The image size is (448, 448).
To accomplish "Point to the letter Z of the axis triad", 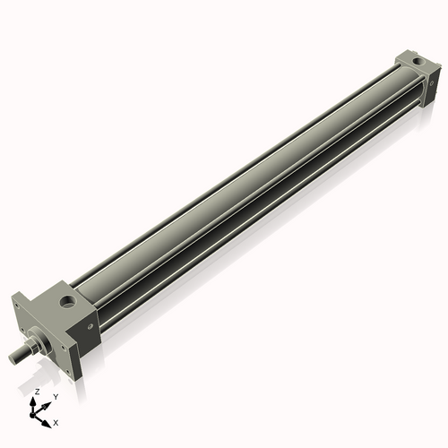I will point(36,392).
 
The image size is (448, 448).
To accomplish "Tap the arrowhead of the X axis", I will point(47,418).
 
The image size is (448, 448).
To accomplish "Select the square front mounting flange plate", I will point(49,336).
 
